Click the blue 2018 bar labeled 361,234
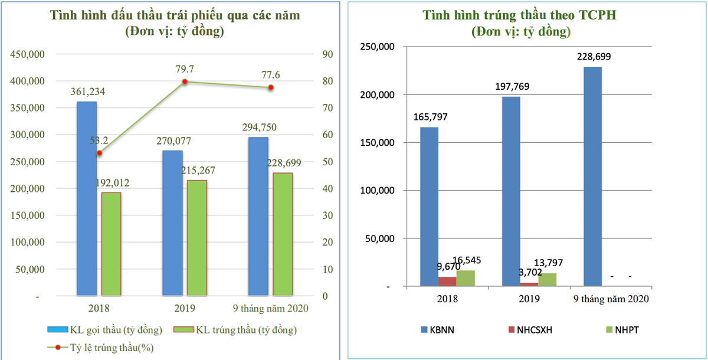pos(87,198)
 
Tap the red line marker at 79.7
pos(185,81)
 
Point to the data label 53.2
pos(99,141)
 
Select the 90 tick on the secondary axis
pos(327,54)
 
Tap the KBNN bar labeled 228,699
pos(592,176)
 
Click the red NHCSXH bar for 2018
pos(447,282)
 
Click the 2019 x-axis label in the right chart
pos(529,299)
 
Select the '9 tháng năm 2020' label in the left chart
pos(270,308)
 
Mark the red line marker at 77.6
pos(270,87)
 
